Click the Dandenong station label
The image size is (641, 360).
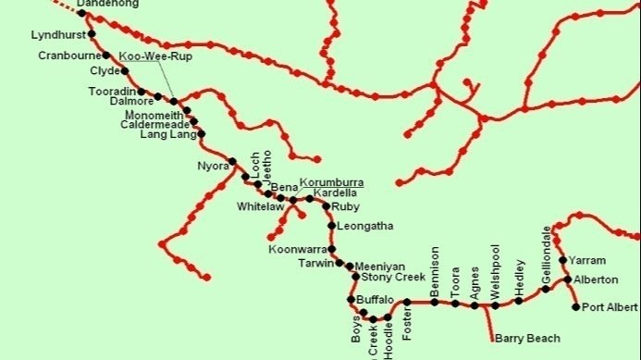pyautogui.click(x=107, y=5)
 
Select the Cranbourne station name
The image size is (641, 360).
pyautogui.click(x=69, y=56)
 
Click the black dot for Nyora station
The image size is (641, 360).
pyautogui.click(x=232, y=160)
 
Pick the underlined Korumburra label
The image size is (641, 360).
pyautogui.click(x=331, y=183)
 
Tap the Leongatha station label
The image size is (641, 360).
pyautogui.click(x=365, y=225)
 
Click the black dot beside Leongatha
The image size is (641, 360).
pyautogui.click(x=331, y=225)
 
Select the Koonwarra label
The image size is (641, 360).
pyautogui.click(x=297, y=249)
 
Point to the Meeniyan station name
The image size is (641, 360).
pyautogui.click(x=380, y=266)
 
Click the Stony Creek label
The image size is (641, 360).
pyautogui.click(x=393, y=277)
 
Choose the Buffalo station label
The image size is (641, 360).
pyautogui.click(x=376, y=300)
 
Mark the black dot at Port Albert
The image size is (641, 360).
pyautogui.click(x=576, y=307)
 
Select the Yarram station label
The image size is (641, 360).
pyautogui.click(x=587, y=261)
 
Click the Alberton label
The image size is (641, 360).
pyautogui.click(x=596, y=279)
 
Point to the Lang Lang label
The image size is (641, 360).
pyautogui.click(x=168, y=135)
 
